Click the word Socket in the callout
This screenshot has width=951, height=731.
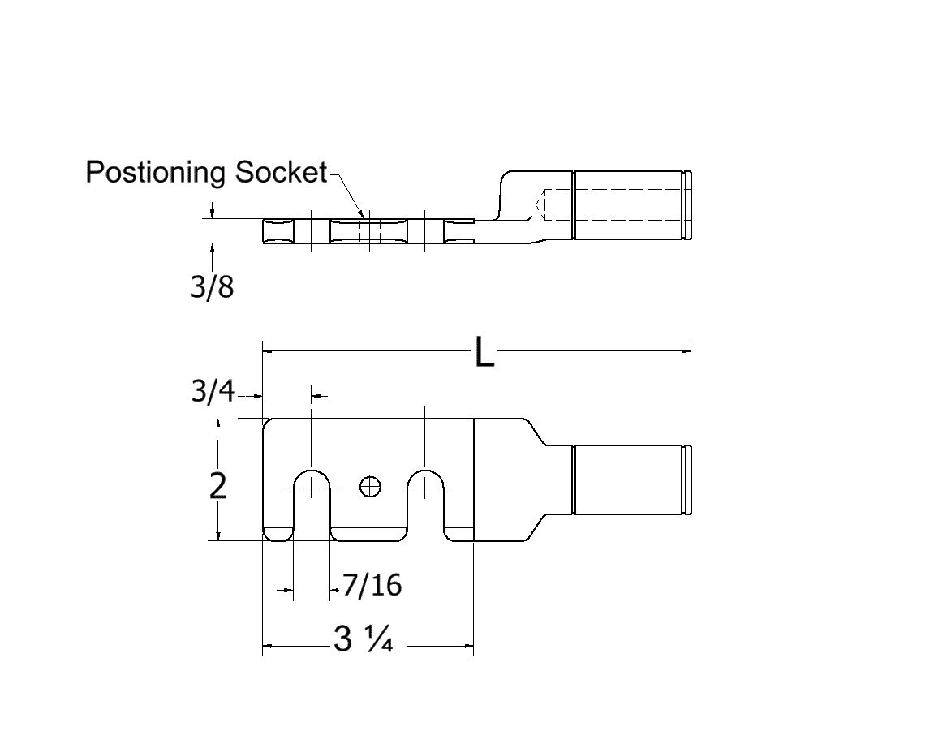(x=280, y=173)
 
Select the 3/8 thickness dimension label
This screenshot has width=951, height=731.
(x=212, y=286)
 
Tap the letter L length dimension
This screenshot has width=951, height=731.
(x=484, y=353)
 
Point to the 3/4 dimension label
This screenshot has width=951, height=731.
(x=212, y=393)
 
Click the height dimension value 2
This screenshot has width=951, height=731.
(x=217, y=486)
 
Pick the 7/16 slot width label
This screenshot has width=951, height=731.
(x=372, y=584)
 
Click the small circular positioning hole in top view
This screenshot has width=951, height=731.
(x=369, y=487)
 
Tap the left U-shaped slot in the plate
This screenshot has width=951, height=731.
(x=311, y=503)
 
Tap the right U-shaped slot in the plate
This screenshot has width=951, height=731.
(x=425, y=503)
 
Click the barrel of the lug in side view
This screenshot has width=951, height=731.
(x=629, y=205)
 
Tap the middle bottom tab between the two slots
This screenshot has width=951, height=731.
(x=368, y=534)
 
